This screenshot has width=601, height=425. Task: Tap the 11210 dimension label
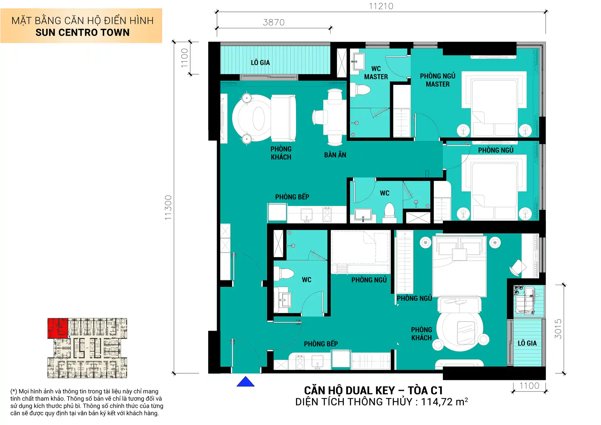[x=381, y=6]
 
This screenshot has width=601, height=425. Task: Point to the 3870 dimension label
[x=274, y=23]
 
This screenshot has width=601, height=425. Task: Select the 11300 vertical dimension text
[x=168, y=207]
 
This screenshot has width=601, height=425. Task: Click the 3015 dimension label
[x=558, y=329]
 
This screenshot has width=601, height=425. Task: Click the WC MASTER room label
[x=376, y=73]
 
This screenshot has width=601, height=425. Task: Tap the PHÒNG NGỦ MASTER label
[x=438, y=80]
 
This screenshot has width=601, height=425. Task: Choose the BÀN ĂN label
[x=335, y=155]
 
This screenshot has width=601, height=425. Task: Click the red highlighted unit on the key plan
[x=58, y=328]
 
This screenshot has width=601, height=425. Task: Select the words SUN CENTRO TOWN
[x=82, y=33]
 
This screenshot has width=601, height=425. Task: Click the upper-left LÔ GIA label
[x=260, y=63]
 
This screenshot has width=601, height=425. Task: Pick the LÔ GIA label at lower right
[x=527, y=343]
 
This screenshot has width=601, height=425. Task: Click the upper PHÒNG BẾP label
[x=292, y=197]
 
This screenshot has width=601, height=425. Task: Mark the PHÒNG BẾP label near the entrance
[x=321, y=344]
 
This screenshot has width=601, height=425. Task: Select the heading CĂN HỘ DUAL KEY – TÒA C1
[x=373, y=391]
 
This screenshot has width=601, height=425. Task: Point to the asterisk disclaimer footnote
[x=87, y=402]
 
